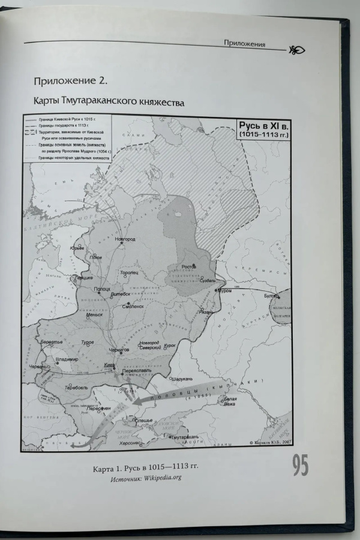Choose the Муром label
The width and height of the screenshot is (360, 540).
point(224,290)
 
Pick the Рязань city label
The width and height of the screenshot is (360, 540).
point(205,313)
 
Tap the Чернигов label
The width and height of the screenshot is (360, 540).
point(119,349)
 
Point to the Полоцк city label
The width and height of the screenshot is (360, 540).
point(103,289)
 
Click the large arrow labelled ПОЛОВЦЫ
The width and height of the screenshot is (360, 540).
point(174,392)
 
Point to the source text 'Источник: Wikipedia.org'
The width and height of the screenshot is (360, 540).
point(145,478)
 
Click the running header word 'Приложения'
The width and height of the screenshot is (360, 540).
point(244,43)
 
